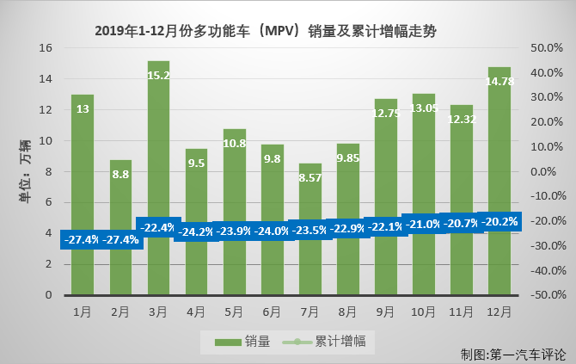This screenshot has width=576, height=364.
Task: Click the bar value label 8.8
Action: point(120,173)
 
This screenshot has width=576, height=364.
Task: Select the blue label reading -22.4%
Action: point(159,228)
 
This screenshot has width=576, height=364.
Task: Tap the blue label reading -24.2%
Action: point(196,232)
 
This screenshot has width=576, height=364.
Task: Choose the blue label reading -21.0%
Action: point(423,224)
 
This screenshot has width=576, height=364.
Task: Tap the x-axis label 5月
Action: point(234,310)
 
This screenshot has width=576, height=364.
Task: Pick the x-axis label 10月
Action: point(423,310)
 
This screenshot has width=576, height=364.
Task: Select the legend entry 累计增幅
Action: point(331,342)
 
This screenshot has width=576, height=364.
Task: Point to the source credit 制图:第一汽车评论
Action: point(512,354)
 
